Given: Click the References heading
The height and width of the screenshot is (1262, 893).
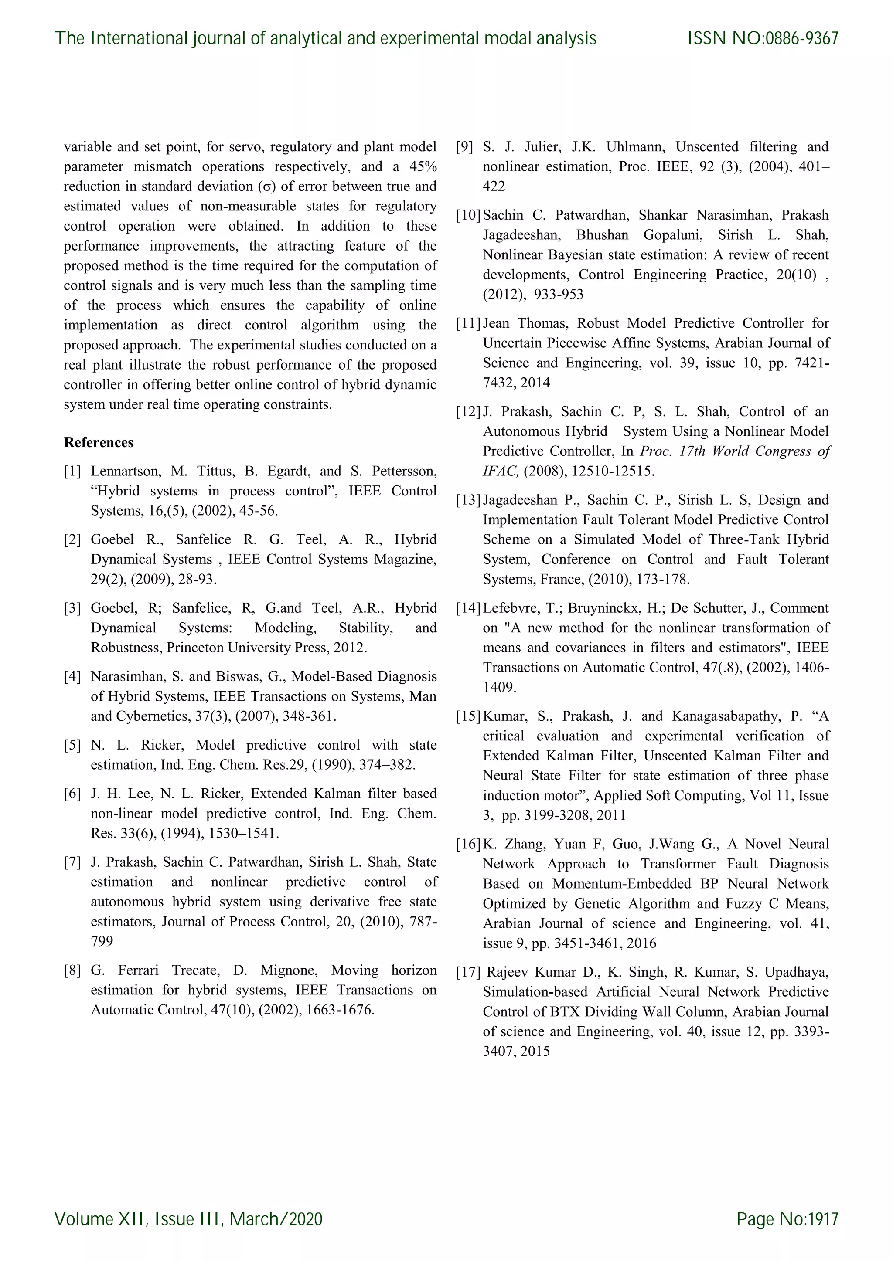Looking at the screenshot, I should pyautogui.click(x=99, y=442).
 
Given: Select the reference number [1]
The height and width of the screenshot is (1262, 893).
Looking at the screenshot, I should pyautogui.click(x=72, y=471).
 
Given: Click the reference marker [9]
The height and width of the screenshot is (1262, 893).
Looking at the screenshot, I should pyautogui.click(x=465, y=147).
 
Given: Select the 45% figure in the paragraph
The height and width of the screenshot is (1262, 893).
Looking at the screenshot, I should pyautogui.click(x=423, y=166).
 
